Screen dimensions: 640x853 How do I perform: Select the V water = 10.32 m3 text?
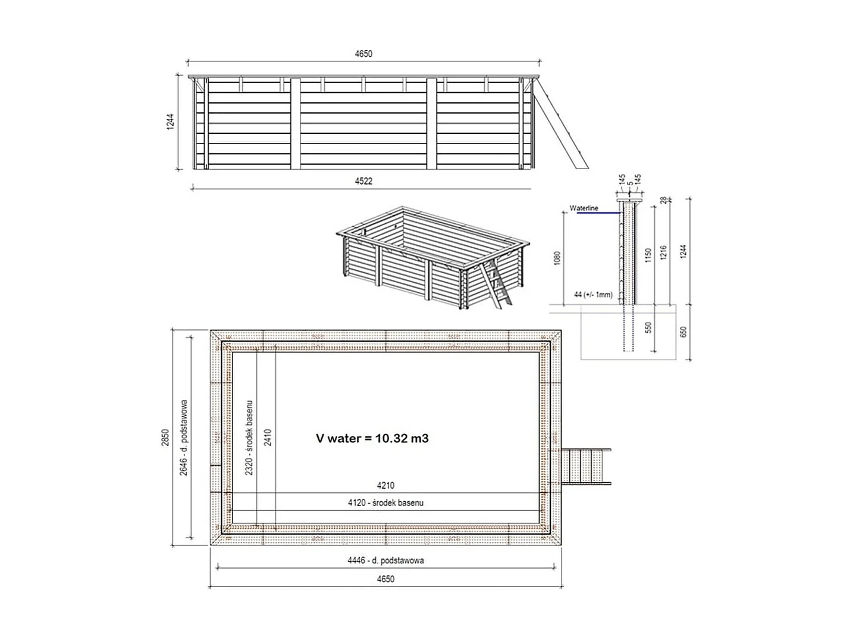pyautogui.click(x=372, y=438)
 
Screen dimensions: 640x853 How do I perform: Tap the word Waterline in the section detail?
pyautogui.click(x=584, y=208)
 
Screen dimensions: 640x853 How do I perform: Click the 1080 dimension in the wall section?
pyautogui.click(x=558, y=258)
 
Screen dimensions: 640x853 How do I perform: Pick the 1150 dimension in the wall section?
pyautogui.click(x=648, y=255)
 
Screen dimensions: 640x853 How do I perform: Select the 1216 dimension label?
pyautogui.click(x=664, y=252)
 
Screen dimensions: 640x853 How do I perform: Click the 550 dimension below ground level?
pyautogui.click(x=648, y=328)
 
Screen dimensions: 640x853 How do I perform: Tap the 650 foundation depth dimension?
pyautogui.click(x=683, y=332)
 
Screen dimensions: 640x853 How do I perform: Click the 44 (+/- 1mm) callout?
pyautogui.click(x=593, y=295)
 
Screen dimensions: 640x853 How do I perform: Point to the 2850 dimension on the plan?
pyautogui.click(x=166, y=437)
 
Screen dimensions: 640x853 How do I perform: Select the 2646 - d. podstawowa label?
pyautogui.click(x=184, y=437)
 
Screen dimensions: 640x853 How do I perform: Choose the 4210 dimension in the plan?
pyautogui.click(x=385, y=486)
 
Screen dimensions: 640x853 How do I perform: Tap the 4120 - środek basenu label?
pyautogui.click(x=385, y=503)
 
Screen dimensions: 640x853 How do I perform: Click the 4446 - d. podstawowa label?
pyautogui.click(x=385, y=560)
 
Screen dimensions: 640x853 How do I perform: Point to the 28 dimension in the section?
pyautogui.click(x=664, y=201)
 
